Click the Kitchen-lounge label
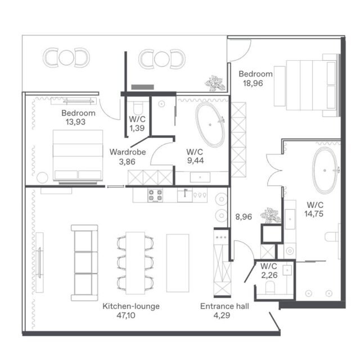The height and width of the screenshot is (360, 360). [x=131, y=306]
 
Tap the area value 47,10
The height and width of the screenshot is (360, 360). [x=126, y=316]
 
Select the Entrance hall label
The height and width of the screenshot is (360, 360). [x=224, y=306]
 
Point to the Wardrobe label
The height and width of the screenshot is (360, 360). [x=128, y=152]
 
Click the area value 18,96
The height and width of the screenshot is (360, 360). [x=253, y=83]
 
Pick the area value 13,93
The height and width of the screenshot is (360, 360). [x=75, y=122]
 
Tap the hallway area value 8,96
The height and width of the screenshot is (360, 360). [x=244, y=217]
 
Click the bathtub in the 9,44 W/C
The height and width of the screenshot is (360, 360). [x=210, y=125]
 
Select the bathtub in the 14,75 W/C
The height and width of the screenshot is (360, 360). [x=325, y=170]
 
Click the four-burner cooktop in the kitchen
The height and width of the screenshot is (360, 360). [x=155, y=195]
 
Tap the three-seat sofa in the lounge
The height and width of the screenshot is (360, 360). [x=84, y=263]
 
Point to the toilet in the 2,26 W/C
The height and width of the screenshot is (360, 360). [x=270, y=288]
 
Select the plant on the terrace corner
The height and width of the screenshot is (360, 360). [x=215, y=83]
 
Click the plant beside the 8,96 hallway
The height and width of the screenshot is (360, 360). [x=271, y=215]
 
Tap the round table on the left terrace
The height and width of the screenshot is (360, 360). [x=66, y=57]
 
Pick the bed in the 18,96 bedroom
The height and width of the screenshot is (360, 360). [x=307, y=85]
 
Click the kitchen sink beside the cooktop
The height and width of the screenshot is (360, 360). [x=185, y=195]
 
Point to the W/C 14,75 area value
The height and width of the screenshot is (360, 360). [x=314, y=214]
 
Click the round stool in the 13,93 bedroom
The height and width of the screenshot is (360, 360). [x=42, y=178]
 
